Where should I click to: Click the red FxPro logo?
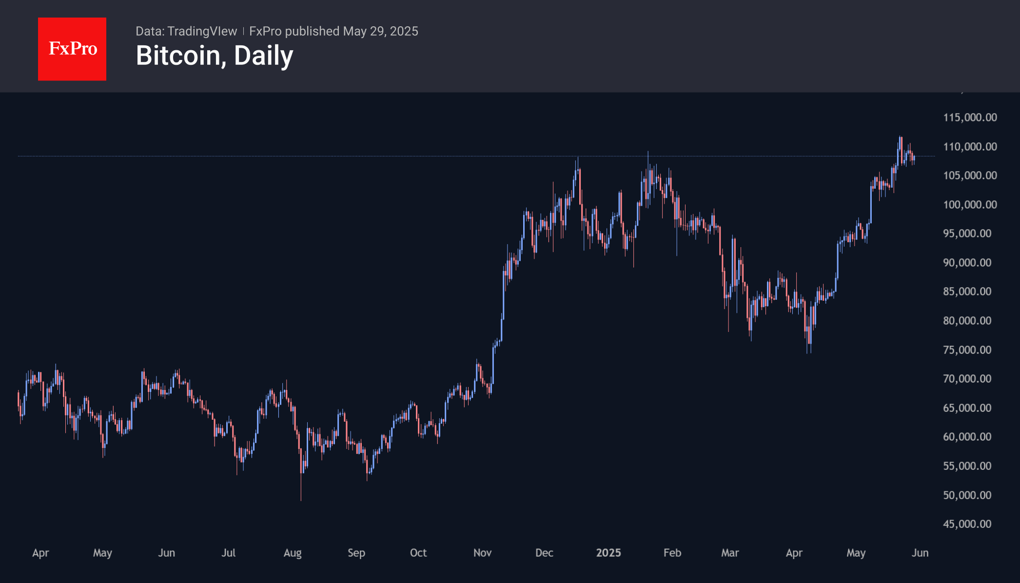[x=72, y=49]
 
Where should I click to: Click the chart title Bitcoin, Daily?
[x=215, y=56]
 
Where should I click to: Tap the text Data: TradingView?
[x=186, y=31]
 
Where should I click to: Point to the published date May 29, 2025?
[x=380, y=31]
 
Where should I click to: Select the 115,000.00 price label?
[x=970, y=117]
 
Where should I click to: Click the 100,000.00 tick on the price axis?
[x=970, y=205]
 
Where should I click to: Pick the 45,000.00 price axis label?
[x=967, y=524]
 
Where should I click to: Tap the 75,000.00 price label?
[x=967, y=350]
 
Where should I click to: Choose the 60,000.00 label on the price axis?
[x=967, y=437]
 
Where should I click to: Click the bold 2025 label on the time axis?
[x=608, y=553]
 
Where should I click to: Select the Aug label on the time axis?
[x=293, y=553]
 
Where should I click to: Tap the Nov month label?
[x=482, y=553]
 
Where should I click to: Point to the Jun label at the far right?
[x=920, y=553]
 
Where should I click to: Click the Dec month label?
[x=544, y=553]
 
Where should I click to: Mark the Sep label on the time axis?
[x=356, y=553]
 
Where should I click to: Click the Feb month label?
[x=672, y=553]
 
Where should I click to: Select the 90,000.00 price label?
[x=967, y=263]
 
